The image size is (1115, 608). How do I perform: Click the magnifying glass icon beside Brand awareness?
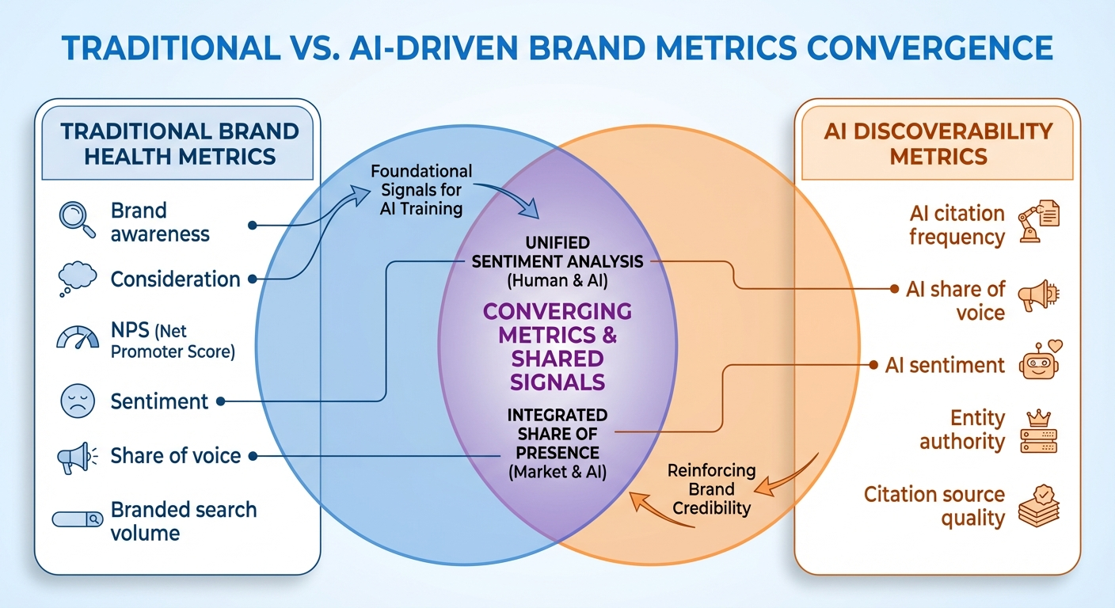click(76, 219)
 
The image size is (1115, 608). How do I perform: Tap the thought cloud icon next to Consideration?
click(77, 278)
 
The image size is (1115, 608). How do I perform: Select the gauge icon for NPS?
click(77, 338)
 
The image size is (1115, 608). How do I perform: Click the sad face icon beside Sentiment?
click(77, 400)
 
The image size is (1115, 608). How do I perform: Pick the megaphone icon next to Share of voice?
click(77, 457)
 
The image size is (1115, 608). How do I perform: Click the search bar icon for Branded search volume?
click(77, 519)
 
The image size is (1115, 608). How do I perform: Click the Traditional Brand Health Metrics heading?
click(180, 143)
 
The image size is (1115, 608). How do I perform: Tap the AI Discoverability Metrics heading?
click(938, 143)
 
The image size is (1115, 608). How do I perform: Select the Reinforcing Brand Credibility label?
click(711, 488)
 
